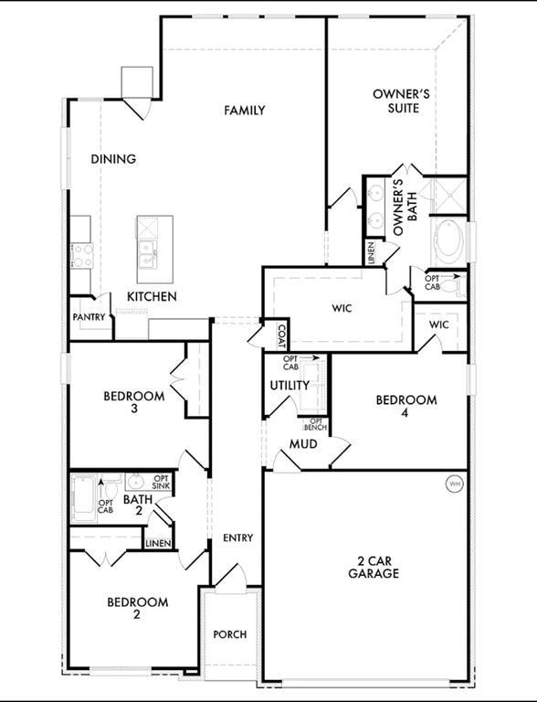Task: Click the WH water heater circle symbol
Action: pos(455,484)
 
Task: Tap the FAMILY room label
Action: pos(245,110)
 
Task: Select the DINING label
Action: pos(113,159)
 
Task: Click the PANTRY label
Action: pos(89,317)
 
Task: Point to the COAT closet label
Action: pos(281,336)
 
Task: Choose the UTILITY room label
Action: pos(290,386)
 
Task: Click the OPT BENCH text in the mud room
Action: pos(315,424)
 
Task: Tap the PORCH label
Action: pos(230,634)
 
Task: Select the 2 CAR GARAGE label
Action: pos(374,568)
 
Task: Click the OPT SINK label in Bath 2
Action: pos(161,483)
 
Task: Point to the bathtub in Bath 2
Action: pos(84,499)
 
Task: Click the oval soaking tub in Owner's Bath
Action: pos(448,242)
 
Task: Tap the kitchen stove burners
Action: pos(82,255)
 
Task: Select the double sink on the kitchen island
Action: pos(147,254)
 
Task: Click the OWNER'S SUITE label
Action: pos(402,101)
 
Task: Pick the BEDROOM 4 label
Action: pos(405,406)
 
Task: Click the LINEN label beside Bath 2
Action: pos(158,544)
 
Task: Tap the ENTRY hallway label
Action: pos(238,537)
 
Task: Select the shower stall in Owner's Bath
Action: pos(448,196)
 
